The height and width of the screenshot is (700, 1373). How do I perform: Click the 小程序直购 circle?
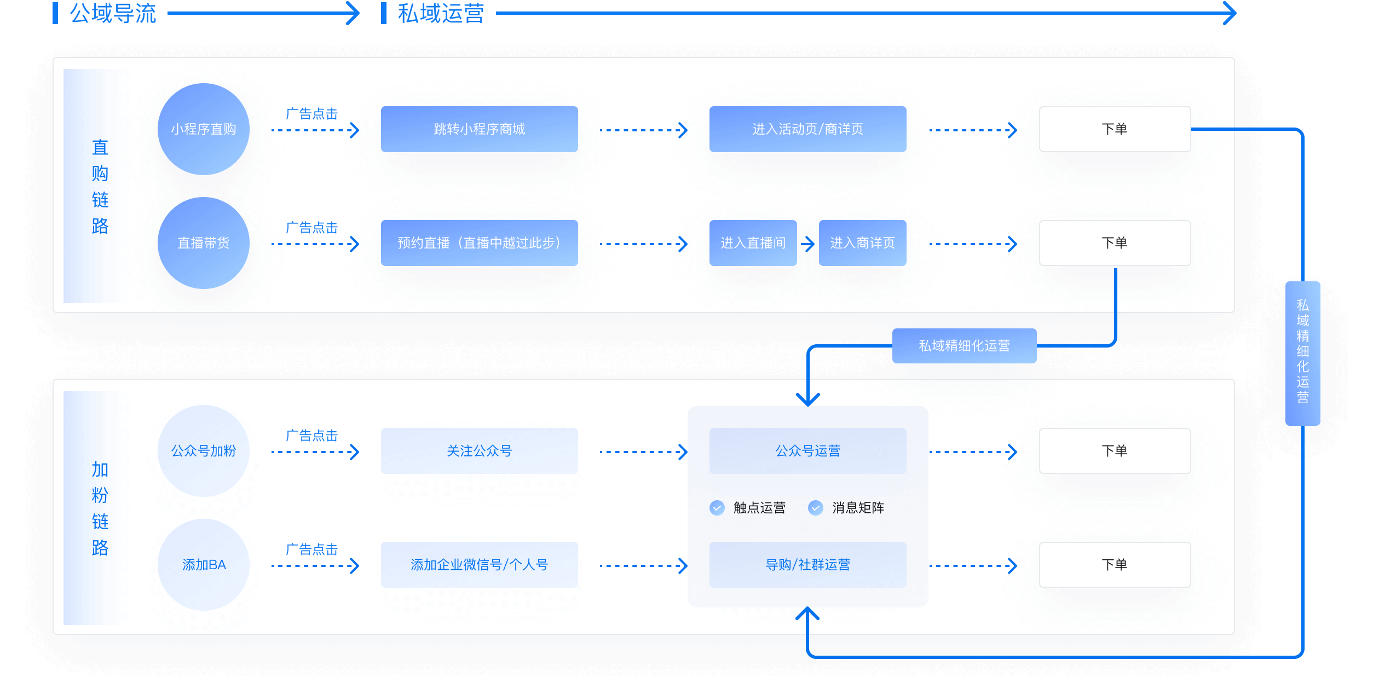coord(204,129)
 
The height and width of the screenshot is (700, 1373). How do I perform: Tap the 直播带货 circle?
coord(204,243)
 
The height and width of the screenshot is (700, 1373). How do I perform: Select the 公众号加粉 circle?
coord(204,451)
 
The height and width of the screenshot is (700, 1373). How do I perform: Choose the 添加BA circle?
coord(204,565)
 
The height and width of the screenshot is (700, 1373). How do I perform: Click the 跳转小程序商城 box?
coord(479,129)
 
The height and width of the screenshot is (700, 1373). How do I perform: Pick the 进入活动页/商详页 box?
coord(807,129)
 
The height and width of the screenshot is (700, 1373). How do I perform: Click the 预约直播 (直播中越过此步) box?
coord(479,243)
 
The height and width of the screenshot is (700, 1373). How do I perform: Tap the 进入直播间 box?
coord(753,243)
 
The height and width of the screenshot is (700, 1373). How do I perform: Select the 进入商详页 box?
coord(862,243)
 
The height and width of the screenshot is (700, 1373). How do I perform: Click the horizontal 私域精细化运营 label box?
coord(964,346)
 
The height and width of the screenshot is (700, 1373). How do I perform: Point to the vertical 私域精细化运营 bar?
coord(1302,353)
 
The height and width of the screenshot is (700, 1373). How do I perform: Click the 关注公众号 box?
coord(479,451)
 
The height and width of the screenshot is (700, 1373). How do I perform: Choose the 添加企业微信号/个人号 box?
coord(479,565)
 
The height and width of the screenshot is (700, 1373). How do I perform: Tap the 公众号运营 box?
coord(807,451)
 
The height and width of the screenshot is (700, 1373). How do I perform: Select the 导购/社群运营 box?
coord(807,565)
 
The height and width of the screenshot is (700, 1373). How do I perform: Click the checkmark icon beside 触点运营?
coord(717,508)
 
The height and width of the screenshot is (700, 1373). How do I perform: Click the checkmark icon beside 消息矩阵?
coord(816,508)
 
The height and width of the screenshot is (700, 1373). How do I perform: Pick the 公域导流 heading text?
coord(113,13)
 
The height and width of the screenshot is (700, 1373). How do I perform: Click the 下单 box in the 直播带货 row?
coord(1115,243)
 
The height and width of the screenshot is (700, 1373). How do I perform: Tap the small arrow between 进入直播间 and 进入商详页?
coord(808,244)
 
